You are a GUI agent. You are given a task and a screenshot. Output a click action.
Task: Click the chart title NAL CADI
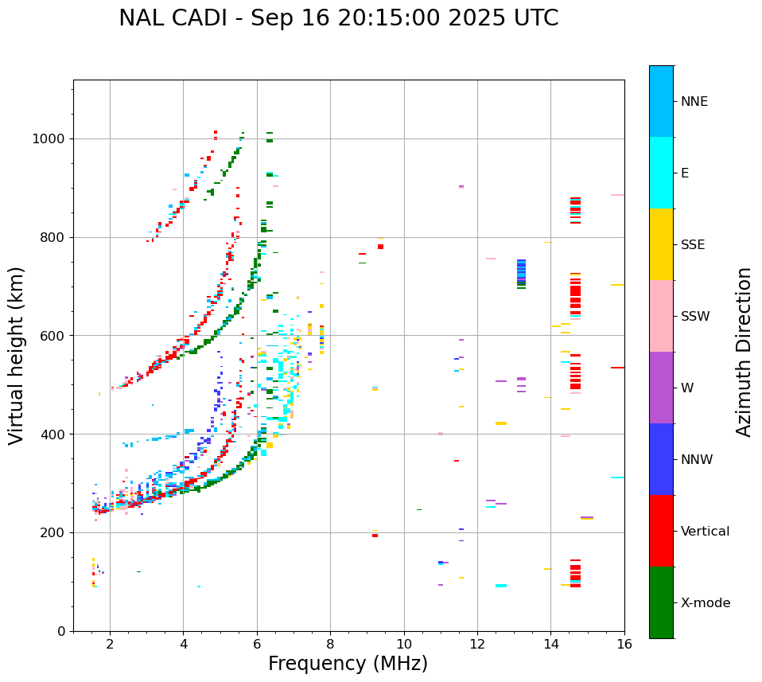pos(338,18)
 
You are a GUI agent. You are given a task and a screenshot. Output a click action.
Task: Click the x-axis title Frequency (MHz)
pos(348,664)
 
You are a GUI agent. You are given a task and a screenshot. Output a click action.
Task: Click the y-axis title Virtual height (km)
pos(17,355)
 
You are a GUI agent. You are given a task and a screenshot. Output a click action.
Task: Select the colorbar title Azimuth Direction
pos(744,351)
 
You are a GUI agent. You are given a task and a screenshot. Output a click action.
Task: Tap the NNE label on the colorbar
pos(694,102)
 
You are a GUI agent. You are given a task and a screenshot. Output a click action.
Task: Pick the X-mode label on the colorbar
pos(705,603)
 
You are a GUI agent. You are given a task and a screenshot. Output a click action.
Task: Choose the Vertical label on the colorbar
pos(705,532)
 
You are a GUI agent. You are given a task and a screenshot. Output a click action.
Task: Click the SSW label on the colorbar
pos(695,317)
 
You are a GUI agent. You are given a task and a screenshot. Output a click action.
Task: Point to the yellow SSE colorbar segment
pos(661,244)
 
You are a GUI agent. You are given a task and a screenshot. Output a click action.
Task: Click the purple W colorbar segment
pos(661,388)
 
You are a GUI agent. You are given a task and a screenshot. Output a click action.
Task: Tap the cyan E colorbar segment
pos(661,173)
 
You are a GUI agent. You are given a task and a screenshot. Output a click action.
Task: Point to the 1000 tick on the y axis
pos(50,138)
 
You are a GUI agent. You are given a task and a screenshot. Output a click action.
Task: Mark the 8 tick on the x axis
pos(330,644)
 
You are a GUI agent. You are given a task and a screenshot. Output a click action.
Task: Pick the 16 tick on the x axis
pos(624,644)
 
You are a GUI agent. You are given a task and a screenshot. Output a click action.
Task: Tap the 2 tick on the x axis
pos(110,644)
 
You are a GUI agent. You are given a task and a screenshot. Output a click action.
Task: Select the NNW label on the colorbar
pos(697,460)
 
